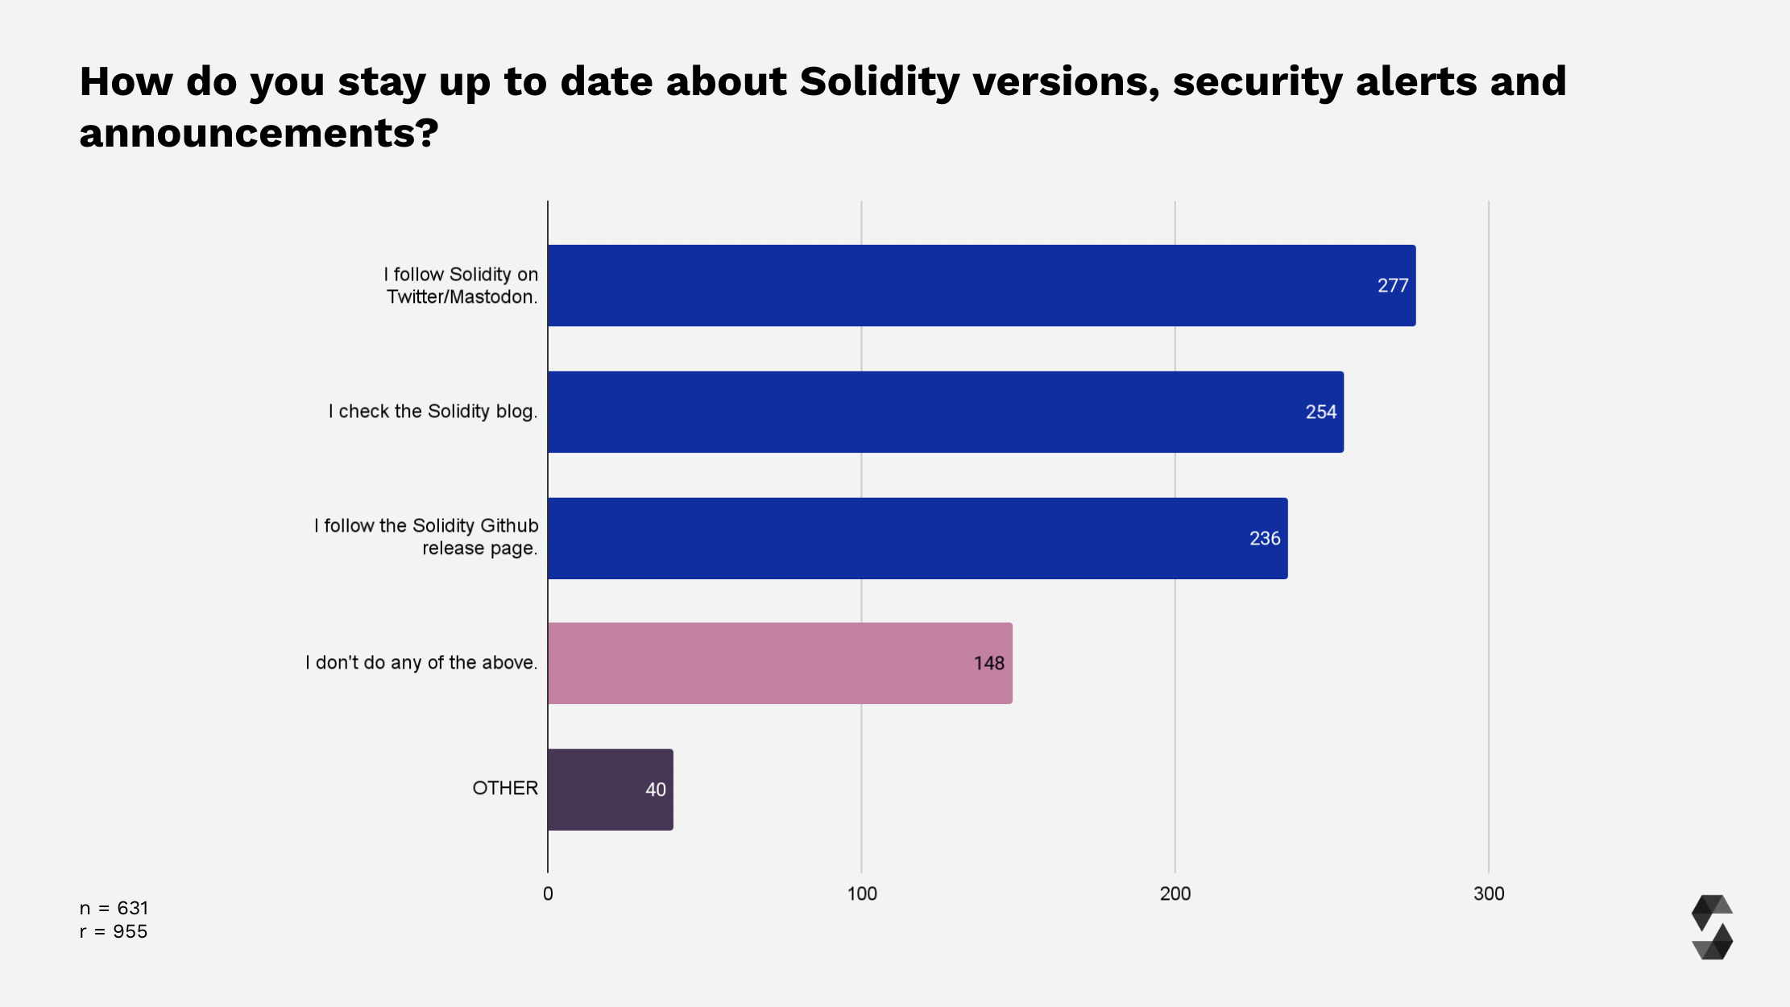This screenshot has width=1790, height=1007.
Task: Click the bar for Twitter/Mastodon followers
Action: [981, 285]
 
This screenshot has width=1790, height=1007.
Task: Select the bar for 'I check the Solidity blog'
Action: [946, 412]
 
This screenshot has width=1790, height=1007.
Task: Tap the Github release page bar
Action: [918, 538]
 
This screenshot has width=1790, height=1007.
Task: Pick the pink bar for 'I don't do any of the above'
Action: [780, 663]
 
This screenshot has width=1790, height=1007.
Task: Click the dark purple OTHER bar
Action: [610, 789]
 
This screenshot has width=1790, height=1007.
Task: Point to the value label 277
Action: [1392, 285]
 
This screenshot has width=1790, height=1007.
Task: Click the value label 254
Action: [1320, 412]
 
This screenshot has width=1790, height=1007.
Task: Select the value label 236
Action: [1265, 538]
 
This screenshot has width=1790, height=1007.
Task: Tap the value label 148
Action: [988, 663]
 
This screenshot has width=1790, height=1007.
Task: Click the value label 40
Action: [655, 789]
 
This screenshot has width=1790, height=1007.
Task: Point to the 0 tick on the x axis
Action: [548, 893]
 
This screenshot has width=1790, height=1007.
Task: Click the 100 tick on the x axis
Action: [861, 893]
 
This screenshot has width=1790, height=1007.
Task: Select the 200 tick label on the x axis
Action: [1175, 893]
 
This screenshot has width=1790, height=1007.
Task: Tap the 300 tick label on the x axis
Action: [1488, 893]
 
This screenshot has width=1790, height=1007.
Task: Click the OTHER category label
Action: [504, 788]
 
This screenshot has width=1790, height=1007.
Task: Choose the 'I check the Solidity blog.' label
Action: [433, 411]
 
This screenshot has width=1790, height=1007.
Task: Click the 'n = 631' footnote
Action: [114, 908]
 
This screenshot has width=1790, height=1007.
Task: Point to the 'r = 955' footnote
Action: [114, 931]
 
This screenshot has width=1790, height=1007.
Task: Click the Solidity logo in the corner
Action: [1712, 927]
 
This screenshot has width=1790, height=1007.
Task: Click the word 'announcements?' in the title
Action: [259, 133]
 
